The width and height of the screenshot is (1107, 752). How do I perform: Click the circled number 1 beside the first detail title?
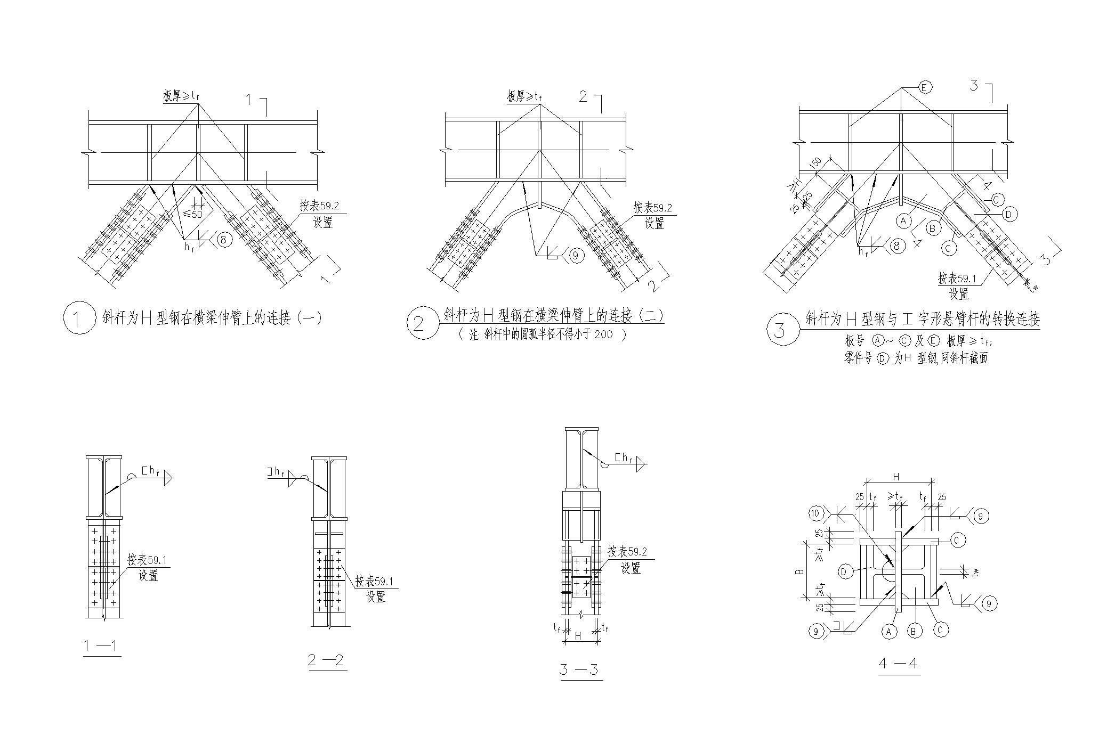click(x=79, y=318)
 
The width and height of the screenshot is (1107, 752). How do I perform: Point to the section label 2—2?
click(x=327, y=661)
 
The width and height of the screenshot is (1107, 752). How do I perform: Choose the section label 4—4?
click(x=899, y=664)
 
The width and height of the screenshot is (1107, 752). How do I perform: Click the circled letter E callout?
click(x=924, y=87)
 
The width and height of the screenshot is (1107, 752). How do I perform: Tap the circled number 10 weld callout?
click(x=816, y=514)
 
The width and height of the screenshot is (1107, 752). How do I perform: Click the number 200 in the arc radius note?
click(x=603, y=334)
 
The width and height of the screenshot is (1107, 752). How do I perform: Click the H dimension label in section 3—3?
click(x=579, y=635)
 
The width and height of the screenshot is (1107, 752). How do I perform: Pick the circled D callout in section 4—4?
click(x=844, y=572)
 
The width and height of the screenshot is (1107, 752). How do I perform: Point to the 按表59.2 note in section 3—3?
click(x=627, y=552)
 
